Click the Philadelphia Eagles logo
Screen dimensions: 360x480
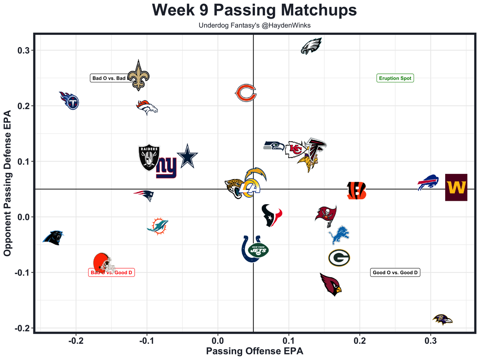(x=311, y=46)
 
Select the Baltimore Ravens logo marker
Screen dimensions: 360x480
(x=442, y=320)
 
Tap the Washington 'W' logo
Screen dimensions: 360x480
(x=456, y=187)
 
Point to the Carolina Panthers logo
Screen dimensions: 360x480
(x=53, y=238)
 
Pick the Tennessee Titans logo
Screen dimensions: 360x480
(x=70, y=100)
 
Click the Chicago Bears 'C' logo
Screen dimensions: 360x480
(x=246, y=93)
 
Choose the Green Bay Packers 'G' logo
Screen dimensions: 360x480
(x=339, y=258)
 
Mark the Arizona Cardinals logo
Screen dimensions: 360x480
(x=331, y=284)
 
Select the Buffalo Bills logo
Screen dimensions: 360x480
(x=428, y=182)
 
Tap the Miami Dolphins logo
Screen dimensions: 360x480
(x=158, y=226)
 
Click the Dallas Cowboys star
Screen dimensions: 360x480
(x=187, y=156)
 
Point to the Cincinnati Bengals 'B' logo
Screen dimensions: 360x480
(x=356, y=191)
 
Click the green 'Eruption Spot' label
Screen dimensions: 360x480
(x=395, y=78)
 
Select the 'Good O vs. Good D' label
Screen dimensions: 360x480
(x=395, y=273)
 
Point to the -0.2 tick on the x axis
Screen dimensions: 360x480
(x=76, y=341)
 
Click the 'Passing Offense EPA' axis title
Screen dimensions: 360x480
(x=255, y=351)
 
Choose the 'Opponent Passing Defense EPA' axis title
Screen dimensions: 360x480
(x=7, y=183)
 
